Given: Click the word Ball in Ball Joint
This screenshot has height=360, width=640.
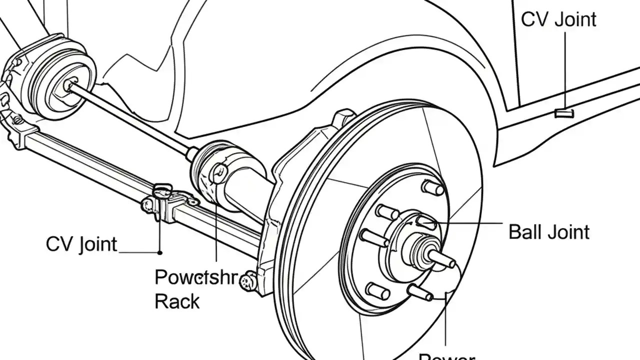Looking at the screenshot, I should [x=525, y=232].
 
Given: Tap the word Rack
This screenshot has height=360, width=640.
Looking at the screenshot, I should [x=177, y=301].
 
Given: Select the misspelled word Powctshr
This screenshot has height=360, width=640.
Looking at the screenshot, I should [x=195, y=278].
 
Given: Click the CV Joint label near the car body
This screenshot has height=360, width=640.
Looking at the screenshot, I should [x=558, y=19].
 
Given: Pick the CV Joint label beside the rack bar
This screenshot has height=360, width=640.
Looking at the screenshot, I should [x=81, y=244].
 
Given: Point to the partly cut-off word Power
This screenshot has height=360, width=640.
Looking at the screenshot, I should [x=446, y=356].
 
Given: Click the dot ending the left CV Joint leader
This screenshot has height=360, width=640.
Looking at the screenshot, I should [x=160, y=251].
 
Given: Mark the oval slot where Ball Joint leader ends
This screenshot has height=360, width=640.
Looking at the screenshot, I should [x=425, y=221].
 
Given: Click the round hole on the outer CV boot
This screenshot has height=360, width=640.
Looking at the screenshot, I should [x=218, y=173].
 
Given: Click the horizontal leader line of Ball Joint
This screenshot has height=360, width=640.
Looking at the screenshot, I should [x=470, y=223].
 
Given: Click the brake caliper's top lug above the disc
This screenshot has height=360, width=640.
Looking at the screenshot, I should [x=344, y=117].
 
